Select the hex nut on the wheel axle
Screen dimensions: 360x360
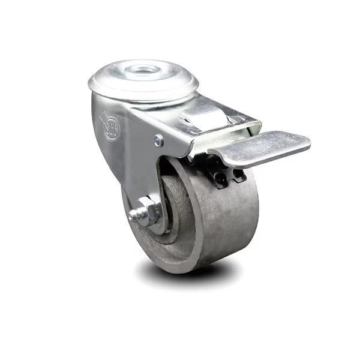[x=151, y=211]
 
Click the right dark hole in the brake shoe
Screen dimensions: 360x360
[x=238, y=175]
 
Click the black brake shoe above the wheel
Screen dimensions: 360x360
[x=228, y=174]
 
